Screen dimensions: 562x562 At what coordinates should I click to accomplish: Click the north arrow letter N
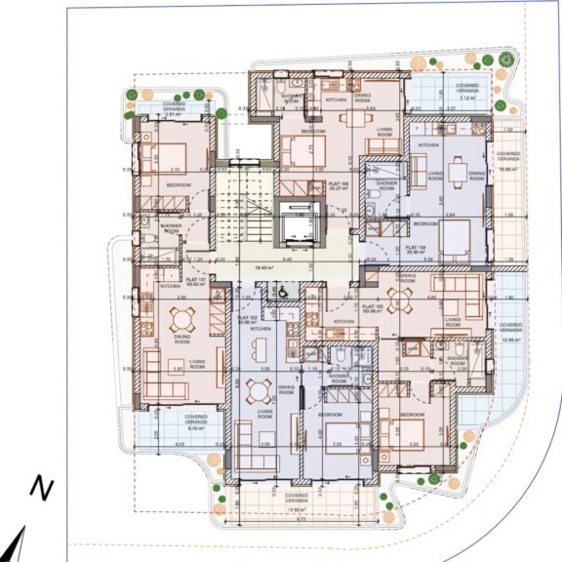[40, 488]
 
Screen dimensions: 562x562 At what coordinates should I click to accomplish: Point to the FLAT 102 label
[246, 319]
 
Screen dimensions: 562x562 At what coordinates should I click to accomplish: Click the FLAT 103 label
[371, 309]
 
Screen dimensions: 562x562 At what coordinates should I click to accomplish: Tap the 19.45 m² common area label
[262, 266]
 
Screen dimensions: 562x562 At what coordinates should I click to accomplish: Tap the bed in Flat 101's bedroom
[172, 155]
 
